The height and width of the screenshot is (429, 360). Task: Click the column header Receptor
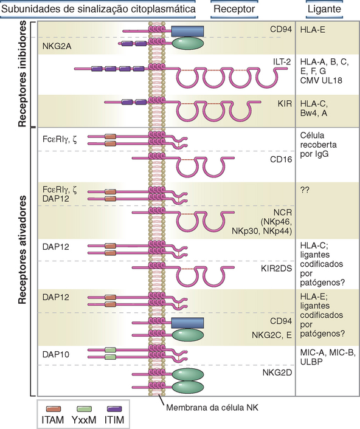234,9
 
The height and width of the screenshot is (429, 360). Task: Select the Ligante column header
324,9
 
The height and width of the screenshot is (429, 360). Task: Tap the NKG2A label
57,46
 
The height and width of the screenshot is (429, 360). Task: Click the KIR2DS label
276,269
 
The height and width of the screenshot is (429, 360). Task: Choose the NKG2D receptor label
277,372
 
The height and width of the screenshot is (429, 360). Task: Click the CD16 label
281,159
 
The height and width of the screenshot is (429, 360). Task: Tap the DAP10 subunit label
56,354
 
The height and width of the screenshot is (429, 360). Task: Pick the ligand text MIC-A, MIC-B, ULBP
328,357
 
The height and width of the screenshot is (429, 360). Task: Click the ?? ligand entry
305,190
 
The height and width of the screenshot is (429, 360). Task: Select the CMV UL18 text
321,80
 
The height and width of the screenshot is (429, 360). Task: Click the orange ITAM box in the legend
54,409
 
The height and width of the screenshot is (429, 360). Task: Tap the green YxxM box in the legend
84,409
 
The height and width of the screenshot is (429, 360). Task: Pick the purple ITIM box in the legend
114,409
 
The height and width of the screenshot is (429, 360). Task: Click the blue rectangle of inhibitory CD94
187,31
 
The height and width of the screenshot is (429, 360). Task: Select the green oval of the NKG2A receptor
188,43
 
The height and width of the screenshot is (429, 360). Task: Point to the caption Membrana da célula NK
212,407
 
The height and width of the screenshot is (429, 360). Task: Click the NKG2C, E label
272,335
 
